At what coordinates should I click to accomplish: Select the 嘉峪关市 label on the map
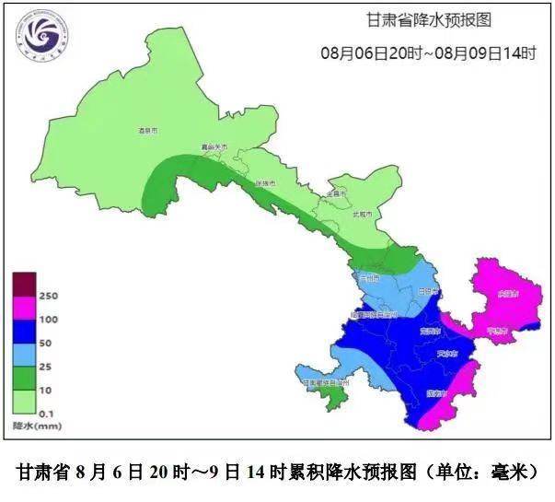pyautogui.click(x=214, y=147)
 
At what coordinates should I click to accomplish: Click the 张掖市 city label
pyautogui.click(x=266, y=183)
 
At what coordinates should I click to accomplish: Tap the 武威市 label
pyautogui.click(x=364, y=214)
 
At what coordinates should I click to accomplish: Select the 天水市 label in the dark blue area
pyautogui.click(x=449, y=354)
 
